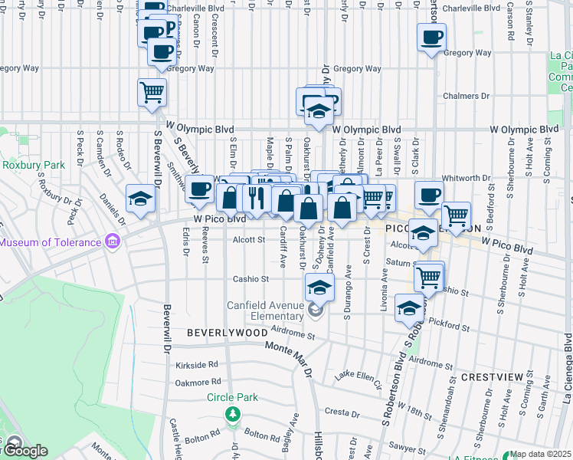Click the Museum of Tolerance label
pos(51,242)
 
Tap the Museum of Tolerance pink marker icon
pos(112,242)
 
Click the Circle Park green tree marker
pos(232,414)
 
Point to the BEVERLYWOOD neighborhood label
pos(228,333)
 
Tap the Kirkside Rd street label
pos(197,365)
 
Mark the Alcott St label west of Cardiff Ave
pos(248,239)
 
